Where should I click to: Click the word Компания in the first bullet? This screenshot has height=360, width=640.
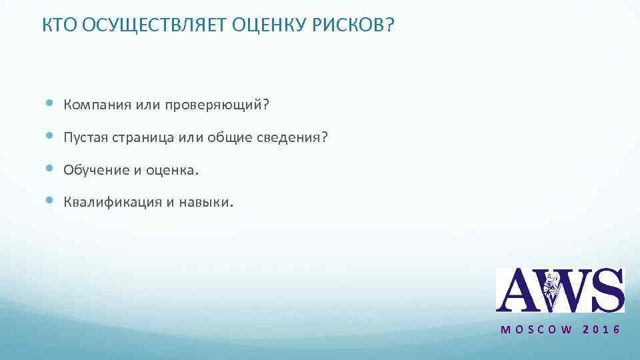(x=96, y=105)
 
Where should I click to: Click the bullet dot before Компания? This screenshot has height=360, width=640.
(x=50, y=104)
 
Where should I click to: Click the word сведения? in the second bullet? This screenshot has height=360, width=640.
(x=293, y=137)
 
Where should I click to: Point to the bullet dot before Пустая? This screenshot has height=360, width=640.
(x=50, y=136)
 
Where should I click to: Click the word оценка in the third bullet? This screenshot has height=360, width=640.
(x=170, y=170)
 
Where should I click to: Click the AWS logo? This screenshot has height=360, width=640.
(x=559, y=290)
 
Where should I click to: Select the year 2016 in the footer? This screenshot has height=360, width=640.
(x=601, y=330)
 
